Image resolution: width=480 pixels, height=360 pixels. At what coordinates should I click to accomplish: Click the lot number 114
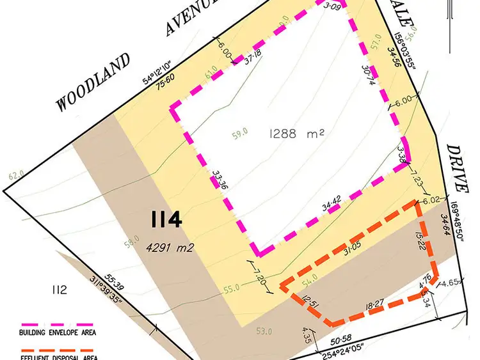point(166,220)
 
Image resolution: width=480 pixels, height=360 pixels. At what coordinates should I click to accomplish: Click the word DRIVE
point(456,167)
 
